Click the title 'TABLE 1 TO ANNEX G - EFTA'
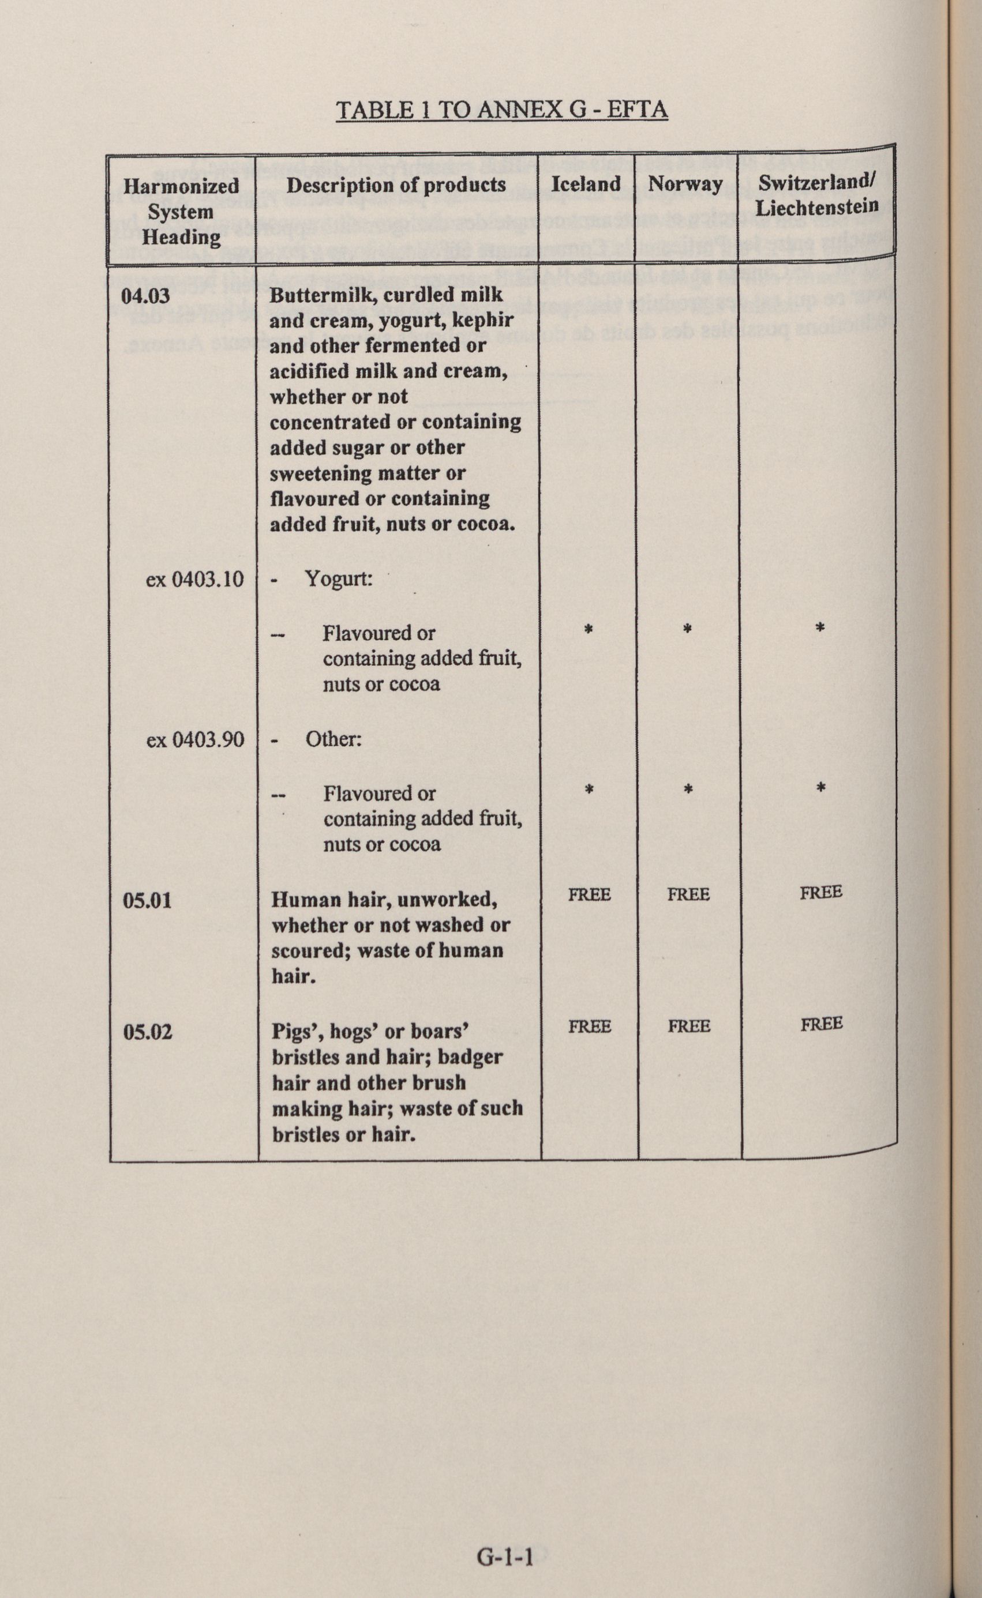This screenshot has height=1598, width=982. (501, 110)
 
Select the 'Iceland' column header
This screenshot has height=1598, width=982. (586, 185)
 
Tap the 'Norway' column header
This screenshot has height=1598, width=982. (685, 185)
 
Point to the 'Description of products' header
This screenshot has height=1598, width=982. (396, 185)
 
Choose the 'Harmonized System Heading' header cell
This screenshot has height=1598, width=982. (181, 212)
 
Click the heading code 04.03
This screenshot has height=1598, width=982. (146, 296)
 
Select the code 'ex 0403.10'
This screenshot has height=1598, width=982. (195, 578)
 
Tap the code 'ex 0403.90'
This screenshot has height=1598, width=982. (195, 739)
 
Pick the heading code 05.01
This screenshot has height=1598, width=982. (148, 901)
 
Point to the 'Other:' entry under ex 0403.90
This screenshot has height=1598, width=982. (333, 739)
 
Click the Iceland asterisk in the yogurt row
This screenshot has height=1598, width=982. (589, 629)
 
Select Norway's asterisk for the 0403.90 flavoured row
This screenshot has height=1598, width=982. (688, 789)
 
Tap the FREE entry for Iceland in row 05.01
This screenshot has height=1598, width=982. (589, 895)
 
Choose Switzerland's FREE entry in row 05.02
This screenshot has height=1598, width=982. (822, 1024)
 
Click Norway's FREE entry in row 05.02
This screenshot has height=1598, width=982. (689, 1026)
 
